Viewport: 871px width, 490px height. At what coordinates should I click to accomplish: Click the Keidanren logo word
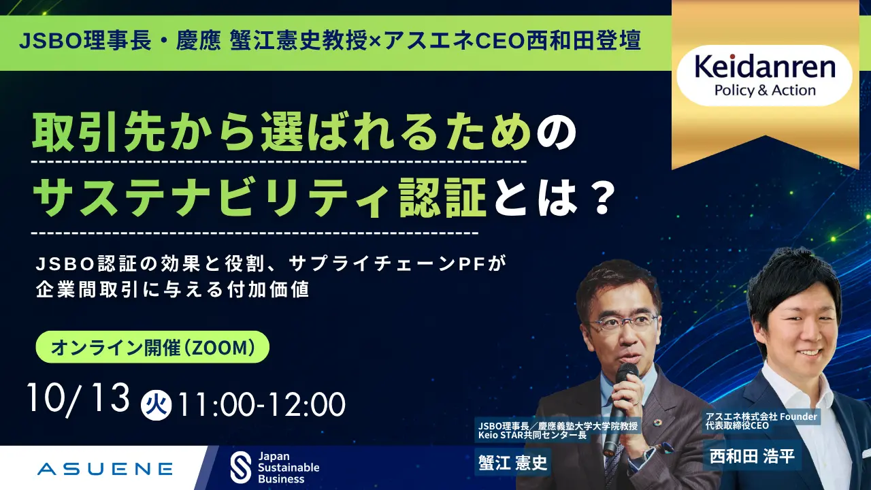pyautogui.click(x=764, y=67)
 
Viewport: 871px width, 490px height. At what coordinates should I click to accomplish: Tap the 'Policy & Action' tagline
pyautogui.click(x=765, y=91)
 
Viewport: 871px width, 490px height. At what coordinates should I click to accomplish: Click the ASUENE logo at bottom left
pyautogui.click(x=105, y=469)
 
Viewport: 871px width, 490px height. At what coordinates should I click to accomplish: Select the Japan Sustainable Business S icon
pyautogui.click(x=241, y=467)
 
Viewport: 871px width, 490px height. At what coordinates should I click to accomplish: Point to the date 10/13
pyautogui.click(x=78, y=399)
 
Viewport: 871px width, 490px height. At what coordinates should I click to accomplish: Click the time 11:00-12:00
pyautogui.click(x=261, y=405)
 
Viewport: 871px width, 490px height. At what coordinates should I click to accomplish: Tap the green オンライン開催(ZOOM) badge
pyautogui.click(x=152, y=347)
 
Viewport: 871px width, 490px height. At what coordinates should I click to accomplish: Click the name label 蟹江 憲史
pyautogui.click(x=512, y=462)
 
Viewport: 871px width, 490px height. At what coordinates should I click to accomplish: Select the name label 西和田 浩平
pyautogui.click(x=752, y=456)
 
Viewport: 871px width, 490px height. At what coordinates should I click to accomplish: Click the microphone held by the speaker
pyautogui.click(x=621, y=404)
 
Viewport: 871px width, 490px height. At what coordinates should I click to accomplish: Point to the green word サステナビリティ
pyautogui.click(x=211, y=197)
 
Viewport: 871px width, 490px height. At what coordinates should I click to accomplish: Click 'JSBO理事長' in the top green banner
pyautogui.click(x=85, y=41)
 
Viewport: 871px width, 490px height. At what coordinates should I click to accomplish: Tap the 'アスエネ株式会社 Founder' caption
pyautogui.click(x=761, y=417)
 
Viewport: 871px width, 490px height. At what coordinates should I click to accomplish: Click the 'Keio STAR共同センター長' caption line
pyautogui.click(x=532, y=435)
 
